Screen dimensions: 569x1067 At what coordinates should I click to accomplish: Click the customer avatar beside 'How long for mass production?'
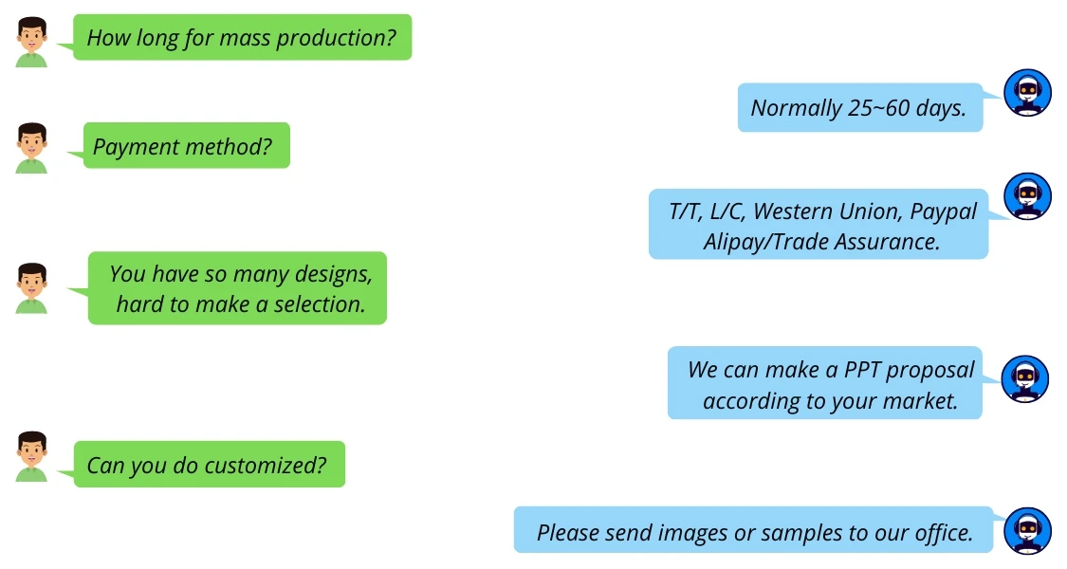pos(31,44)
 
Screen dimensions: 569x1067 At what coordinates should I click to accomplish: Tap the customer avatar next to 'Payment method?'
pos(31,148)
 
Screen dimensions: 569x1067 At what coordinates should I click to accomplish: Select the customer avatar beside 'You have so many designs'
pos(31,288)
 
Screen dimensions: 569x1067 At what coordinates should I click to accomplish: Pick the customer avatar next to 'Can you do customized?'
pos(31,457)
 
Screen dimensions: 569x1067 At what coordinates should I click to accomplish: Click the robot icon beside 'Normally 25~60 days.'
pos(1027,93)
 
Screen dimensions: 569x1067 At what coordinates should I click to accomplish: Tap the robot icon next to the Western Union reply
pos(1027,197)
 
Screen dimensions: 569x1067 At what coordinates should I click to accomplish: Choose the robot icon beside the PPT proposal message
pos(1025,379)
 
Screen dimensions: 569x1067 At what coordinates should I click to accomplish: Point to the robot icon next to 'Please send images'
pos(1027,531)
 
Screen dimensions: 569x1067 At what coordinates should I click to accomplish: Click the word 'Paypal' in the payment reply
pos(943,211)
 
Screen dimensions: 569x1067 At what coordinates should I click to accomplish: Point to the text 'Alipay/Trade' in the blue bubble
pos(765,242)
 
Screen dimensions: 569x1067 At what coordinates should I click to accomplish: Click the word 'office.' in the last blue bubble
pos(940,533)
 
